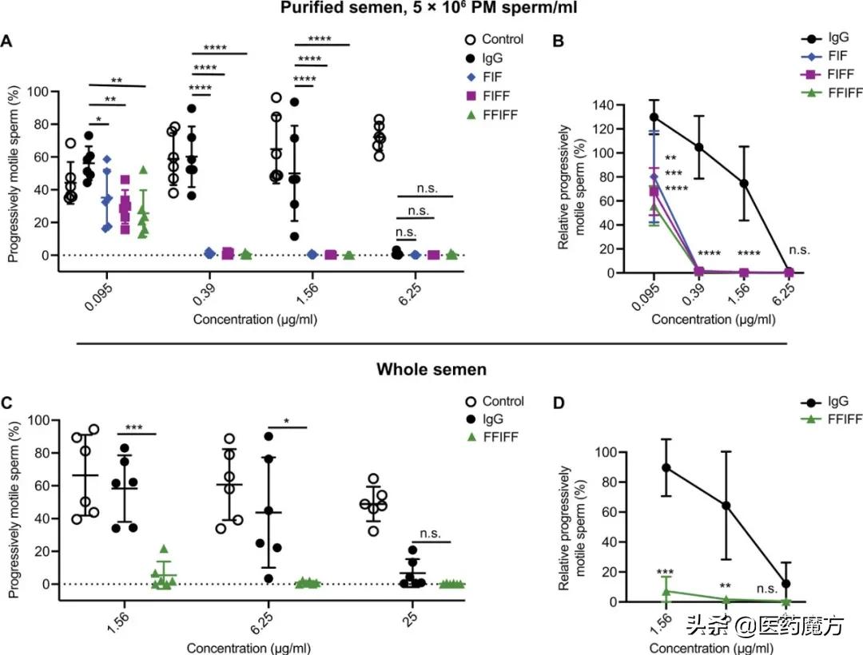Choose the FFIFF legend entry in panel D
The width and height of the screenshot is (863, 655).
832,420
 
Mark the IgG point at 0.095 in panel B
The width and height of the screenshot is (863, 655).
654,117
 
